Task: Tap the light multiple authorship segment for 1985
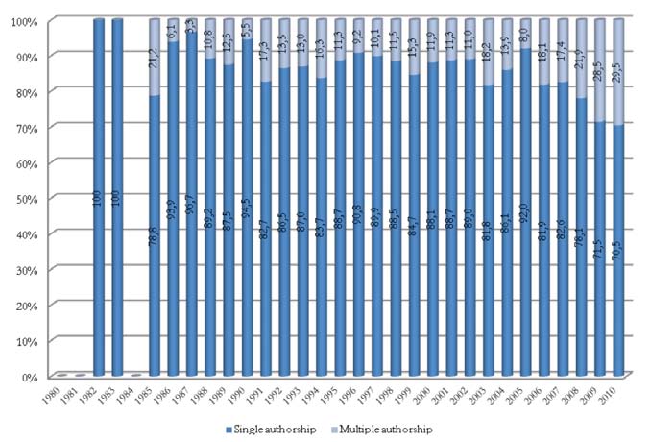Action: pos(155,58)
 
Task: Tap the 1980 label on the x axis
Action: pos(60,395)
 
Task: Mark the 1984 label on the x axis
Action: pos(133,395)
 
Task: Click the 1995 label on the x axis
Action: pos(335,395)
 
